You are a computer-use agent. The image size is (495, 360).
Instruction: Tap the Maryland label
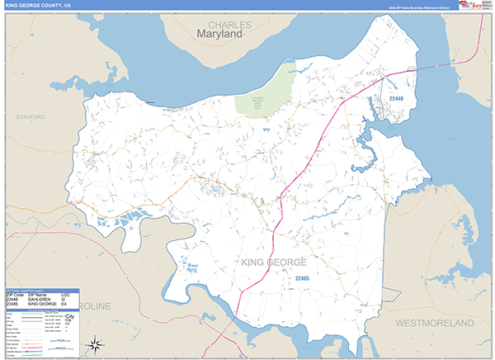coord(220,36)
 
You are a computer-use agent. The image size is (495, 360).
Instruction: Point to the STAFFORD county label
coord(31,118)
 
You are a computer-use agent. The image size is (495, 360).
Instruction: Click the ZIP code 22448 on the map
coord(397,99)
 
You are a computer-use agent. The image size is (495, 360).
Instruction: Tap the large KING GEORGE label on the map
coord(274,262)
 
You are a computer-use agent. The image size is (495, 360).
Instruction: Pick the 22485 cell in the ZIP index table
coord(13,305)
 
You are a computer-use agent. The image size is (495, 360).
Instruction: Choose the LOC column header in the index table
coord(65,295)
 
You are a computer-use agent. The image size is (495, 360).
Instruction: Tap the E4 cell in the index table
coord(64,305)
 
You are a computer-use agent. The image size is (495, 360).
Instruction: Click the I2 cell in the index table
coord(64,300)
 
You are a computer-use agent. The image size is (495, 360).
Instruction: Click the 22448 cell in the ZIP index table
coord(13,300)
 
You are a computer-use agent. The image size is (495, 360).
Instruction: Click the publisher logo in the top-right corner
coord(474,5)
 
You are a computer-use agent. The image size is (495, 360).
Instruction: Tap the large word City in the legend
coord(70,316)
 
